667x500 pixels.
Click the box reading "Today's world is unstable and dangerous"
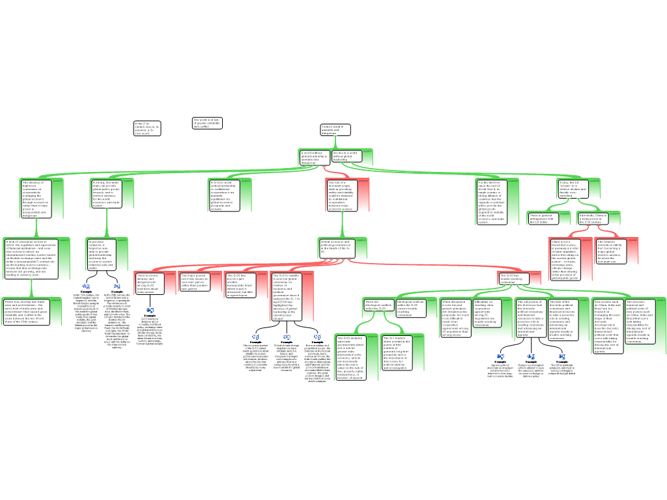click(335, 130)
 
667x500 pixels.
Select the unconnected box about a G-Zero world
click(147, 128)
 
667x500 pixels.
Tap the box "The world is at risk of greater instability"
click(207, 123)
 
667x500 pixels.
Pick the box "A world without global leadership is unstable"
click(315, 158)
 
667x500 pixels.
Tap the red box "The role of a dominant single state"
click(341, 195)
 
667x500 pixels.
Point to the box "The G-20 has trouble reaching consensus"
click(513, 278)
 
